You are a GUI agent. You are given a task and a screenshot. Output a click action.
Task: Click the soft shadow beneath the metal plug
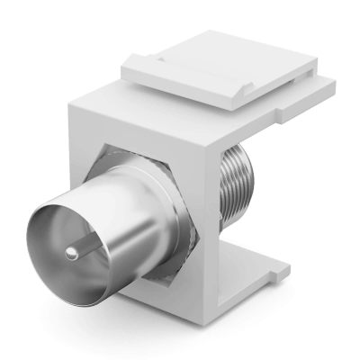point(135,315)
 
